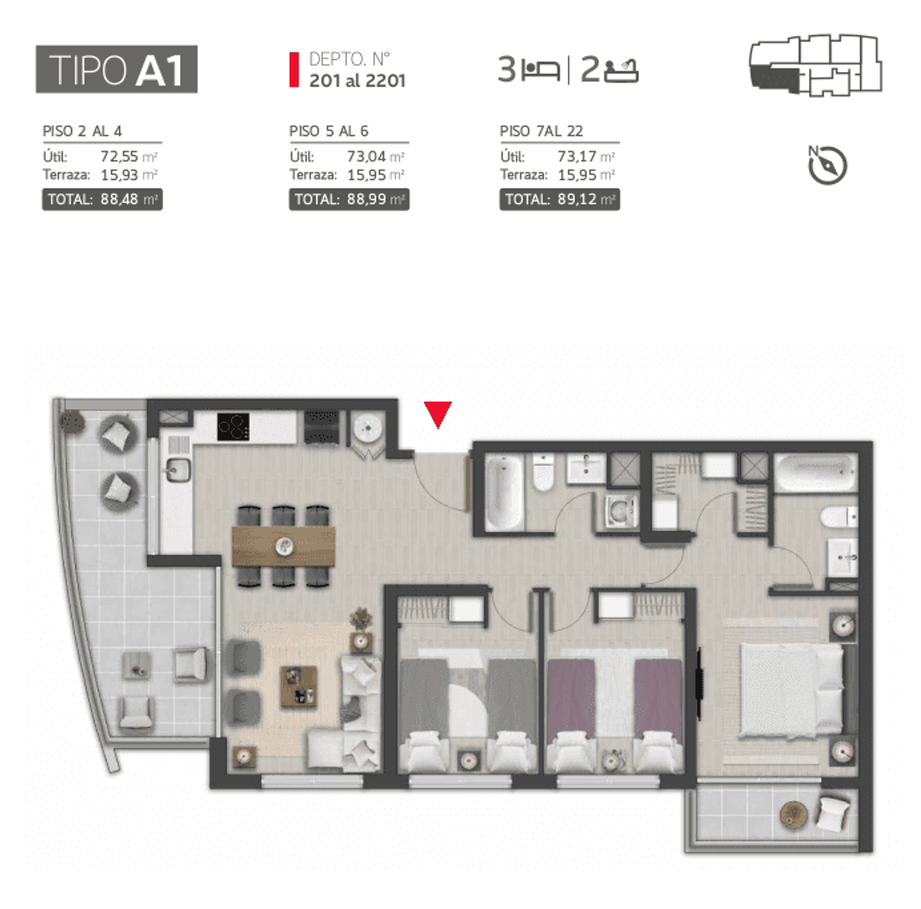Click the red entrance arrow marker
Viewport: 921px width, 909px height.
437,414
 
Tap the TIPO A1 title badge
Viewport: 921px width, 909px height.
117,69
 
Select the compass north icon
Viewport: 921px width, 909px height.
827,164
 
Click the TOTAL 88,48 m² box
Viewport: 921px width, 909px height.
102,199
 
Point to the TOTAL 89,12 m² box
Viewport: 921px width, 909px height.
560,199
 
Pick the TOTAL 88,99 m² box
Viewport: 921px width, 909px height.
349,199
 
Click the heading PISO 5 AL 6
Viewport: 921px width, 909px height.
329,131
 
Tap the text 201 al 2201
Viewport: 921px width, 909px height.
357,81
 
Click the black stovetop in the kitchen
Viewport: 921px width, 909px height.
233,427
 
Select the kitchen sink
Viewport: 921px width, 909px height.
178,470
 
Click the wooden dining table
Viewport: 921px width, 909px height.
284,547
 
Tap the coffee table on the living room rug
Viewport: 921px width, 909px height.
299,687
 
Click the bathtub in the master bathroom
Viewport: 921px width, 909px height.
816,472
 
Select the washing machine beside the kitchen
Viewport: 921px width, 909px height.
367,429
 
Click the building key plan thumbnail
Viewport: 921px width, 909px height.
816,65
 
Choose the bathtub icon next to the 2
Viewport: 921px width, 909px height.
622,70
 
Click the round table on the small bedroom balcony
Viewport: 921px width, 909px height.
793,814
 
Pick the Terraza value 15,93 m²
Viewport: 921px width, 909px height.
129,175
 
